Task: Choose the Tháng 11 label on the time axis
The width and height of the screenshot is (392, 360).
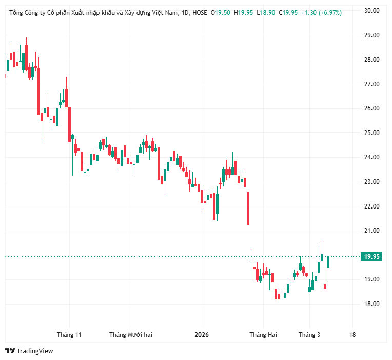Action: (x=69, y=335)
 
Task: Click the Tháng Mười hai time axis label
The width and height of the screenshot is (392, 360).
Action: (x=131, y=335)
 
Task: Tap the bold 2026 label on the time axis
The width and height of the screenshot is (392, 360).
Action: (x=202, y=335)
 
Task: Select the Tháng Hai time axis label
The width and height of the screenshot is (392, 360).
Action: (x=263, y=335)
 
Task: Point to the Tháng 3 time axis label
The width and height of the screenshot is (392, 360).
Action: (x=309, y=335)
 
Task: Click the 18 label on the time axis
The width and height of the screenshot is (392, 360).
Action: (x=352, y=335)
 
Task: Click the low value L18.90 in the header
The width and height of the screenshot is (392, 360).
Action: (x=266, y=13)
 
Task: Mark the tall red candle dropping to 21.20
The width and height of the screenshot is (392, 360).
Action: (x=248, y=207)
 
